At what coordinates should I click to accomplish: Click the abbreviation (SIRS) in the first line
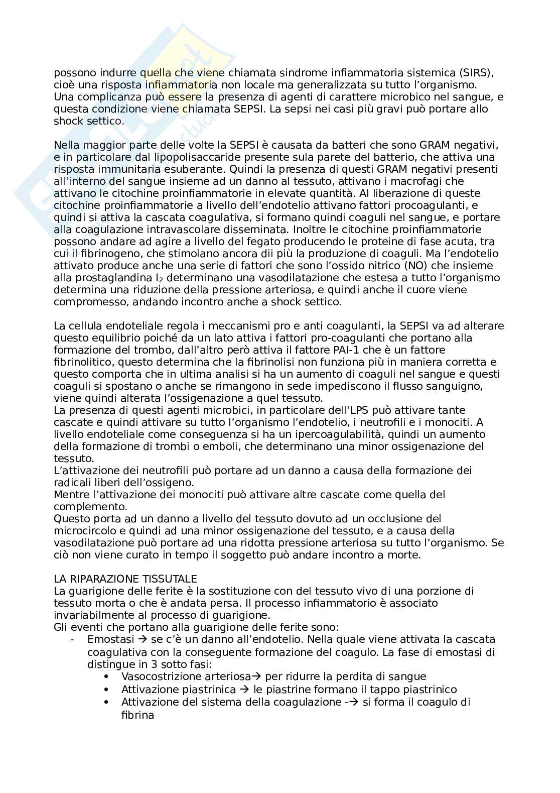(475, 73)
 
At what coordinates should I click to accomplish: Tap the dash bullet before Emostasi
(73, 639)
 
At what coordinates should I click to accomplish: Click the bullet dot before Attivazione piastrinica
(108, 689)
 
